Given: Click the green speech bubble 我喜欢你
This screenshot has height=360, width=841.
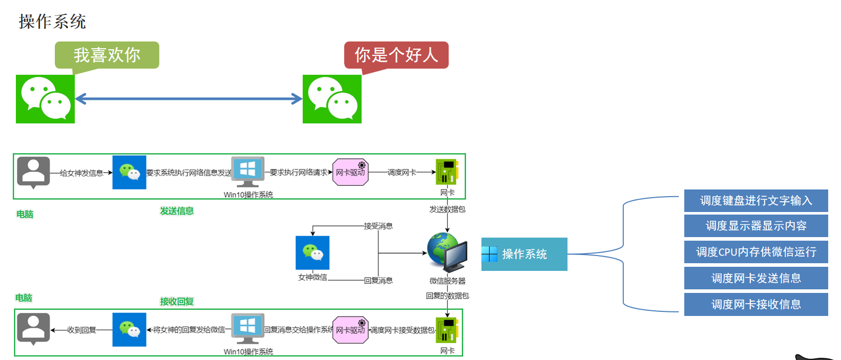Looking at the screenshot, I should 107,55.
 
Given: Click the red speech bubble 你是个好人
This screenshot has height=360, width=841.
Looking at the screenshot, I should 396,55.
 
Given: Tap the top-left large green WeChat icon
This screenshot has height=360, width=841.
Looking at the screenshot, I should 45,99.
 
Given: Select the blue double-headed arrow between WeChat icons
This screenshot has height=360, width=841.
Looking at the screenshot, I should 188,99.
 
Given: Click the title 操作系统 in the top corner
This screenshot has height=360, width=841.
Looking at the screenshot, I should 52,22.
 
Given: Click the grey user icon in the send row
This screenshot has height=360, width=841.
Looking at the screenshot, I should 33,172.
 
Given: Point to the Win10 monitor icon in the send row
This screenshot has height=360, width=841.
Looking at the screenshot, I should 248,172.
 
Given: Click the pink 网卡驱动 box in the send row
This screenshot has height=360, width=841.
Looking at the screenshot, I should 350,172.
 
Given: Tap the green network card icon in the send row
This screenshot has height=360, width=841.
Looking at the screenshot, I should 447,172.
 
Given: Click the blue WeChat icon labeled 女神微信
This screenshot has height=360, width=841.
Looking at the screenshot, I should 312,252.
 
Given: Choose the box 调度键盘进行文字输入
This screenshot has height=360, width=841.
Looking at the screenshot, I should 756,201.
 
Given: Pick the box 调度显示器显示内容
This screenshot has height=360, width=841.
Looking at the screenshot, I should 756,226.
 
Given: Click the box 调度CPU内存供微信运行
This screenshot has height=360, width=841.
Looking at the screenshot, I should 756,252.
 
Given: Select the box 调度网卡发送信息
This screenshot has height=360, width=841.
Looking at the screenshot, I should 756,278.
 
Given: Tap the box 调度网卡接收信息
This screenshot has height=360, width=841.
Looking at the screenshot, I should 756,304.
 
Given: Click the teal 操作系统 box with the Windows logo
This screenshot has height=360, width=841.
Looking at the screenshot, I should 524,254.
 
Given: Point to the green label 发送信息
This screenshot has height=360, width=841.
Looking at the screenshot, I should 177,211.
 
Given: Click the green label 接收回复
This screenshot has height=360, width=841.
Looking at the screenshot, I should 177,302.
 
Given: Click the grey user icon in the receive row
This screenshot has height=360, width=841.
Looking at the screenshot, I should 33,328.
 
